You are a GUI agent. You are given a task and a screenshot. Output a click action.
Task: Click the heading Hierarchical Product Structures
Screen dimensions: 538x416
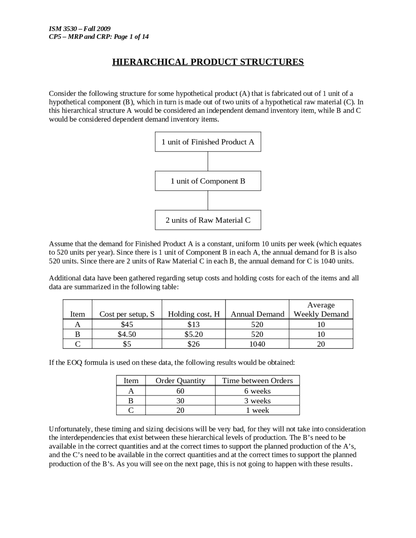208,62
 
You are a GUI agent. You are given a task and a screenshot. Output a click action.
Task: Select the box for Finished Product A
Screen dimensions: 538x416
208,142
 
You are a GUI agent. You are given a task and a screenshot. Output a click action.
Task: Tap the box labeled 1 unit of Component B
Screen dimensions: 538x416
208,181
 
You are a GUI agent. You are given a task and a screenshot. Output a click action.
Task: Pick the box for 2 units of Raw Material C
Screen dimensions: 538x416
208,220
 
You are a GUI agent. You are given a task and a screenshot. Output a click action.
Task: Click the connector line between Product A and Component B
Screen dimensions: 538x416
208,161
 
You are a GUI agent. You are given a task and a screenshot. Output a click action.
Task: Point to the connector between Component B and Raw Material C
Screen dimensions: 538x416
208,200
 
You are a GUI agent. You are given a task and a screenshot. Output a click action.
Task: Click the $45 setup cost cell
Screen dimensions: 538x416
127,324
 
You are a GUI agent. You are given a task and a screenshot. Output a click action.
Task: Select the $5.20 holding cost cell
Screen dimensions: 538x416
194,334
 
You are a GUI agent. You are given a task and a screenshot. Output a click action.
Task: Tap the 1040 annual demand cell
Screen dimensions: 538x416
257,344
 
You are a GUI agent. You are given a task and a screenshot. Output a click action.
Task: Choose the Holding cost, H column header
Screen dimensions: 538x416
194,314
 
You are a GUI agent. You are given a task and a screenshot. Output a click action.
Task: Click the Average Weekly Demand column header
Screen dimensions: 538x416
321,310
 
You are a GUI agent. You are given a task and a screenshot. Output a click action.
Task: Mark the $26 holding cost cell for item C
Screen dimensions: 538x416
194,344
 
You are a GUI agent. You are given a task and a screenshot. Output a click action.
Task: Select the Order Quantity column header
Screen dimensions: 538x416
180,380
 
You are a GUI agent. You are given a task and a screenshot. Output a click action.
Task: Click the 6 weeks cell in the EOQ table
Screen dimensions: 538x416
257,391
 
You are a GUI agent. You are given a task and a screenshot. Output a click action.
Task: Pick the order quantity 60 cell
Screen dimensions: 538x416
180,391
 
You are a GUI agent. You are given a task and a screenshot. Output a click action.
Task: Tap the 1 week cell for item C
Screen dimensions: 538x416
257,410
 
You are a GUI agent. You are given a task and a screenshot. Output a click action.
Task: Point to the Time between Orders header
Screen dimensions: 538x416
257,380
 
